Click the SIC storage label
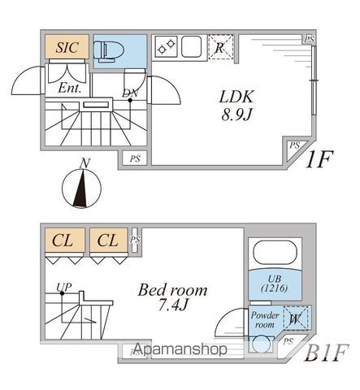(x=67, y=47)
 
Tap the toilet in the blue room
(x=109, y=51)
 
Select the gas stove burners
(x=167, y=46)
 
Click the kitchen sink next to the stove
(x=191, y=46)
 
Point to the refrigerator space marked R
(x=221, y=46)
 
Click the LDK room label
(x=236, y=97)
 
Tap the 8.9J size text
(x=236, y=115)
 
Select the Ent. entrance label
(x=70, y=88)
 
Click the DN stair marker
(x=130, y=93)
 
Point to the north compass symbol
(x=82, y=188)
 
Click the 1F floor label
(x=319, y=159)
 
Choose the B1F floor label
(x=326, y=353)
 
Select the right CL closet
(x=108, y=240)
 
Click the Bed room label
(x=172, y=290)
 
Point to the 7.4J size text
(x=172, y=305)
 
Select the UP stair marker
(x=64, y=287)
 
